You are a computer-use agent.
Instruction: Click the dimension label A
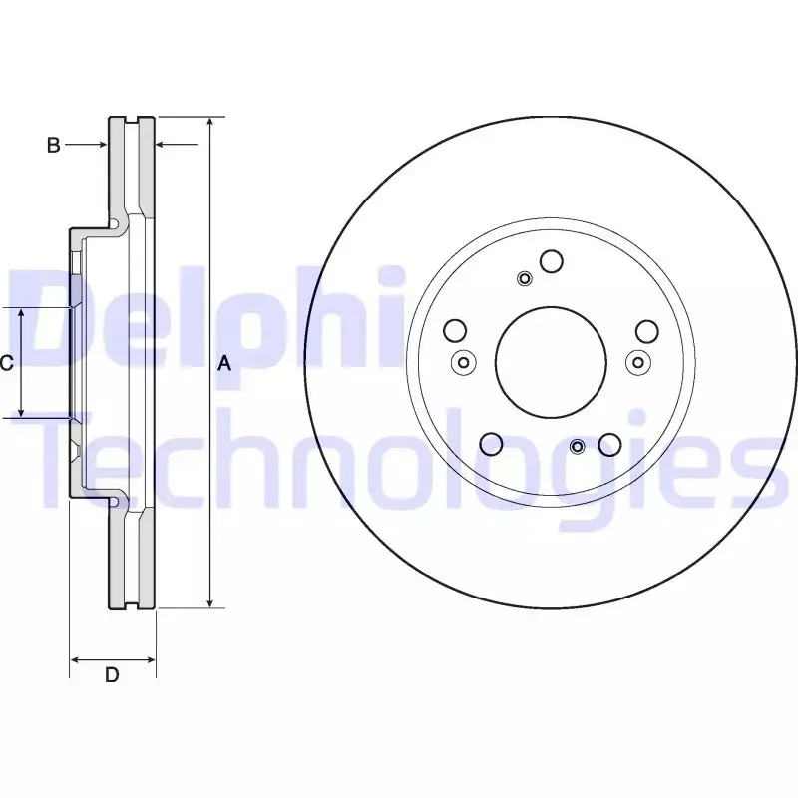[x=224, y=364]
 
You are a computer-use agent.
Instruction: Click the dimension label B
[x=54, y=145]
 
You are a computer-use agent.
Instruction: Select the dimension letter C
[x=6, y=363]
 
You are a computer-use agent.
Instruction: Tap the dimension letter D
[x=112, y=675]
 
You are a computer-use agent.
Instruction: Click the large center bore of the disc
[x=551, y=362]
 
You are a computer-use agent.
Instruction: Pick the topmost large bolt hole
[x=552, y=261]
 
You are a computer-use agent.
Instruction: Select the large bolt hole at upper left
[x=455, y=331]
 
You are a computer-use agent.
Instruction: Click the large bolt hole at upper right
[x=647, y=331]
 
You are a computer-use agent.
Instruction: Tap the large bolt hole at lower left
[x=491, y=444]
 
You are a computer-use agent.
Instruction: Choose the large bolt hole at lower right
[x=609, y=444]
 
